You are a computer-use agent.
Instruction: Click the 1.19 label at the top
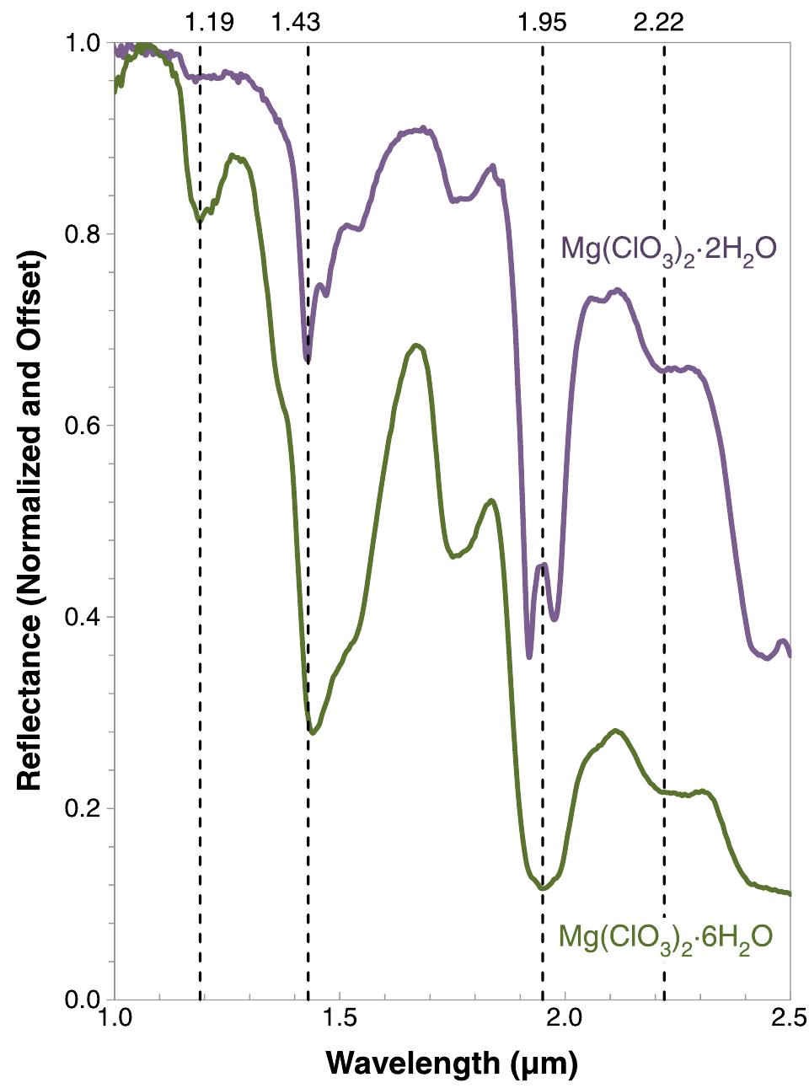pyautogui.click(x=209, y=21)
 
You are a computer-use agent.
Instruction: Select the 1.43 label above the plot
pyautogui.click(x=296, y=21)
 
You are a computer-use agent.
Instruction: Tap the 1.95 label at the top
pyautogui.click(x=542, y=21)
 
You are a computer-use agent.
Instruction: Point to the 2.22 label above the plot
pyautogui.click(x=658, y=21)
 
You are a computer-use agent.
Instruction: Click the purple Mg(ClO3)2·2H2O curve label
pyautogui.click(x=668, y=250)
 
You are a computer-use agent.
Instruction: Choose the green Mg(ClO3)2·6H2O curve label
pyautogui.click(x=666, y=938)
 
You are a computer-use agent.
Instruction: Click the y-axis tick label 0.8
pyautogui.click(x=83, y=234)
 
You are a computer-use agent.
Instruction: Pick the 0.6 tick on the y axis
pyautogui.click(x=83, y=426)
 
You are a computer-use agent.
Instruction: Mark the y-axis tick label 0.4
pyautogui.click(x=83, y=617)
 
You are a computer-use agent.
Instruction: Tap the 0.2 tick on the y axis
pyautogui.click(x=83, y=808)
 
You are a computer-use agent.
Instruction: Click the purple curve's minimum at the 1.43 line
pyautogui.click(x=308, y=361)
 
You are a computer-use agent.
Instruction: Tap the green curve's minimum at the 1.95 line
pyautogui.click(x=543, y=888)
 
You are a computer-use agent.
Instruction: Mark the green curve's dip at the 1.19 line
pyautogui.click(x=200, y=222)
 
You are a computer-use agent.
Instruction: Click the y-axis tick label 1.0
pyautogui.click(x=83, y=43)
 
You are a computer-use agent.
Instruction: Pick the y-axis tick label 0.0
pyautogui.click(x=83, y=1000)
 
